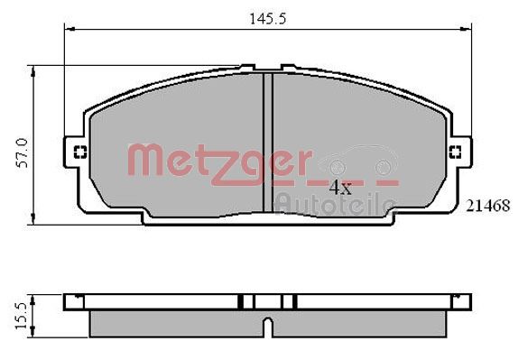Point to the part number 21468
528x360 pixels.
pyautogui.click(x=488, y=206)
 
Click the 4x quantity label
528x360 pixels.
pyautogui.click(x=339, y=188)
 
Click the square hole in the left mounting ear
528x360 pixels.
pyautogui.click(x=78, y=151)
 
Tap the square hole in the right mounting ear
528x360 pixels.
pyautogui.click(x=455, y=151)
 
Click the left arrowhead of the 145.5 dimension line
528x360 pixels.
pyautogui.click(x=69, y=29)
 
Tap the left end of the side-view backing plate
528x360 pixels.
pyautogui.click(x=69, y=301)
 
